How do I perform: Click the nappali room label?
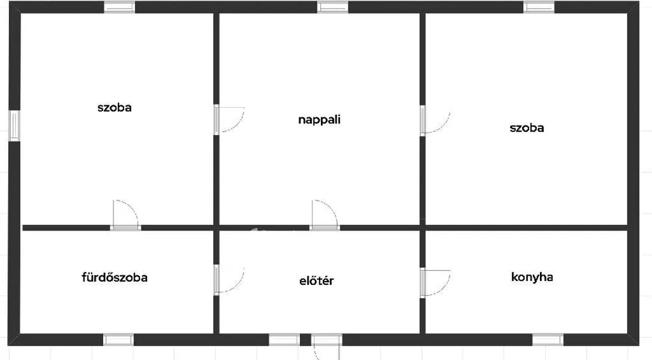pos(320,120)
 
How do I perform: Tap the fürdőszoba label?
pos(115,277)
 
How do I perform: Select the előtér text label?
pos(316,281)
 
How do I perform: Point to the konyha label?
pos(532,277)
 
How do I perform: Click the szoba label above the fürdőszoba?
pos(115,108)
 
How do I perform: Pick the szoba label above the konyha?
pos(527,128)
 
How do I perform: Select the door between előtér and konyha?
pos(435,283)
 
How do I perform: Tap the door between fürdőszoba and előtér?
pos(229,279)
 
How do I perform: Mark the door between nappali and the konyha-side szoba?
pos(435,120)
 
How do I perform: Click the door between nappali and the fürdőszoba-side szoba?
pos(229,119)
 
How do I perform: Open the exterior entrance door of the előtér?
pos(327,346)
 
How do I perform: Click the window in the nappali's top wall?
pos(332,7)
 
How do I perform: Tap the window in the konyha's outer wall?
pos(548,340)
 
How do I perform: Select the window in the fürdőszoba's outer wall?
pos(118,340)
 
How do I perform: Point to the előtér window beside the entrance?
pos(284,340)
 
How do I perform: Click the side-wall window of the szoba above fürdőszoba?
pos(14,126)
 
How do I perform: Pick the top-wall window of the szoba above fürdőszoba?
pos(119,7)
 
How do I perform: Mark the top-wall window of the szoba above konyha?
pos(539,7)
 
